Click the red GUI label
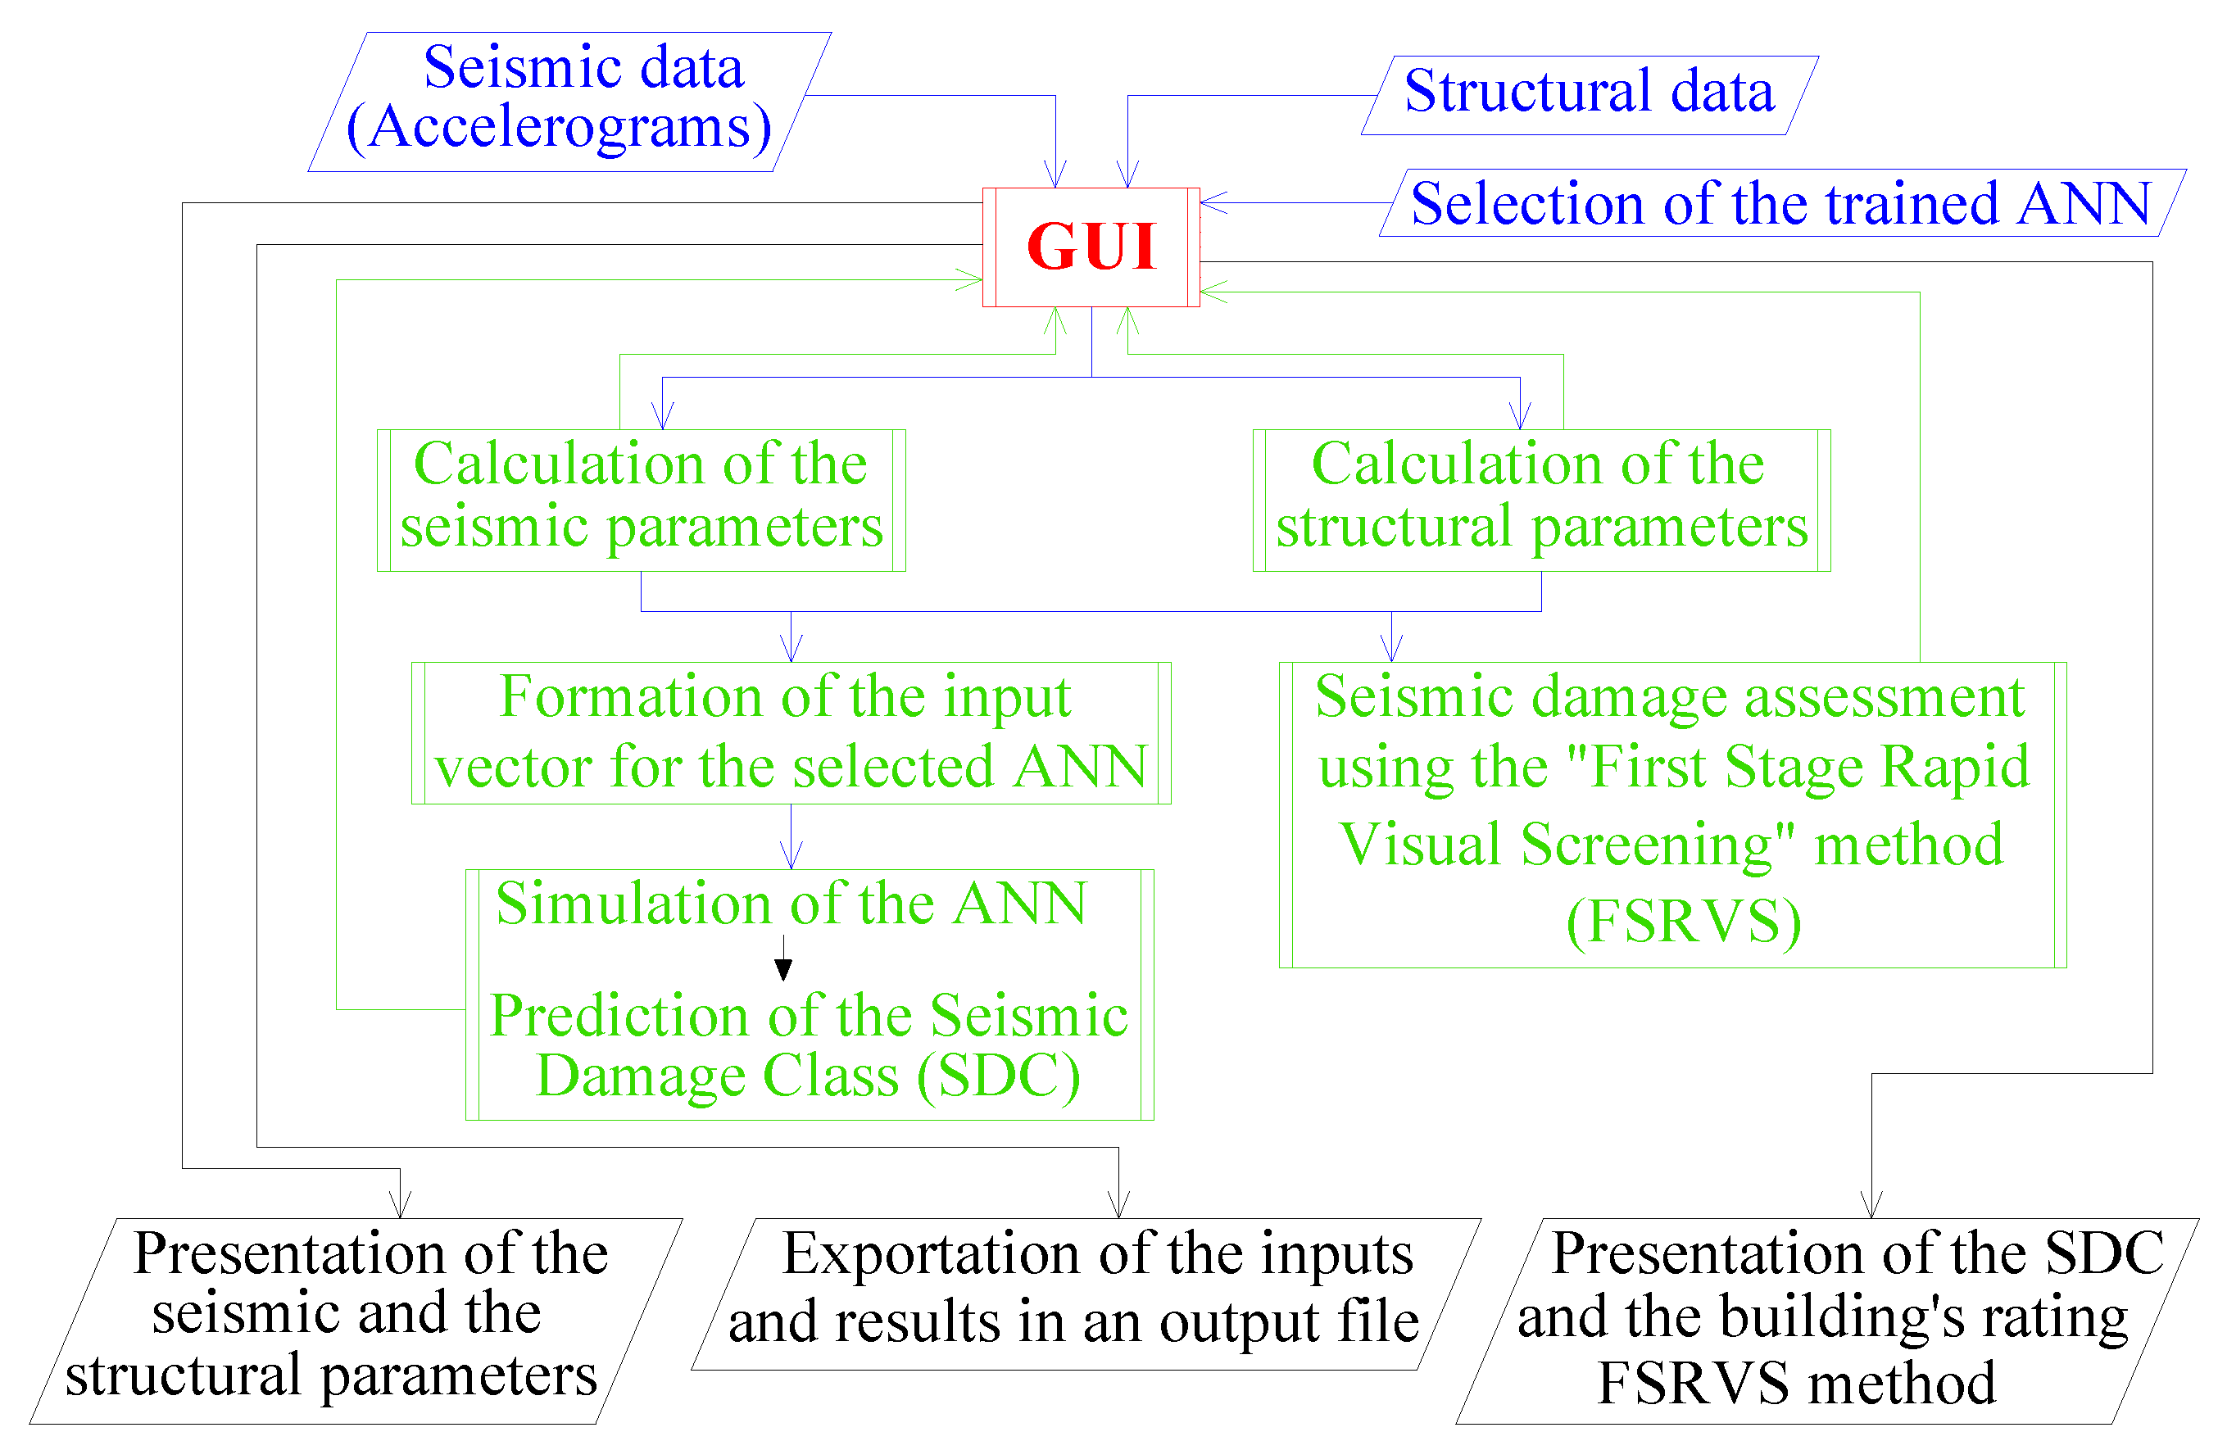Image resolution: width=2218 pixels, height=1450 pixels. click(x=1091, y=247)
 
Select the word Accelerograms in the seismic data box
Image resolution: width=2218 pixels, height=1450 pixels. click(x=559, y=129)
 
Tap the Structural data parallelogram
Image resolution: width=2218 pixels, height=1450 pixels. click(x=1589, y=93)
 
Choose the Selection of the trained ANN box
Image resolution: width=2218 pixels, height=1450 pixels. click(x=1780, y=204)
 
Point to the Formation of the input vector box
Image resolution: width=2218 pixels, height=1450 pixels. click(x=791, y=732)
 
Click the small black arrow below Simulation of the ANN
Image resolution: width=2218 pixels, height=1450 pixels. click(x=784, y=968)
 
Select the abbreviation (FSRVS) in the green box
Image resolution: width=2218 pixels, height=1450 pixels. click(x=1683, y=923)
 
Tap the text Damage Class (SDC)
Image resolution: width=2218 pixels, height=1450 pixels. click(x=808, y=1076)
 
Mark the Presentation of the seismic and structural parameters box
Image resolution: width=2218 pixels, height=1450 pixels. click(x=354, y=1319)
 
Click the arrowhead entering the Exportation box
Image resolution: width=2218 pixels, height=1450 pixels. click(x=1118, y=1206)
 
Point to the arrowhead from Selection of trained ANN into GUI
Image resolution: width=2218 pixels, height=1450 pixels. click(x=1212, y=202)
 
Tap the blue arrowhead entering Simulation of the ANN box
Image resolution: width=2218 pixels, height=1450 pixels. click(x=791, y=858)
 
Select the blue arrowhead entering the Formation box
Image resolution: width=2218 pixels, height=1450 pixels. click(x=791, y=650)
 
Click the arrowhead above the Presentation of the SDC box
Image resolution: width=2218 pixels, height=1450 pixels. click(x=1871, y=1206)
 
